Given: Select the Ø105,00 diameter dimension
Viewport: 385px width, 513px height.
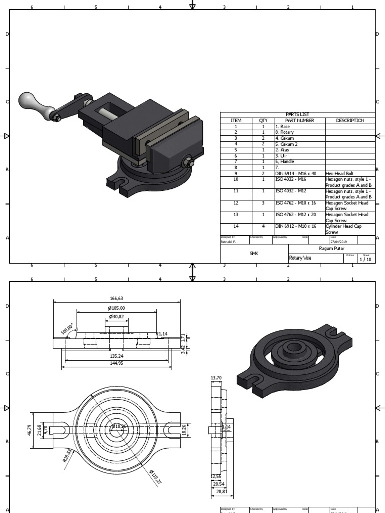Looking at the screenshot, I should [x=117, y=308].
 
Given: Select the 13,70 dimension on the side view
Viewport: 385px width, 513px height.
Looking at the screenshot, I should [x=216, y=377].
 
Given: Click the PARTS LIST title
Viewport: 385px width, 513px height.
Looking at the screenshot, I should [x=298, y=115].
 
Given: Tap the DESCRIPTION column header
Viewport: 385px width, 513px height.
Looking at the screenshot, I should [x=350, y=120].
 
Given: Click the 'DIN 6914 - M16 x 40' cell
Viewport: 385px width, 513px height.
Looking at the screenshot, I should [x=296, y=173].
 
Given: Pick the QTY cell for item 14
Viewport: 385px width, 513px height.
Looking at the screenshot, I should [x=263, y=226].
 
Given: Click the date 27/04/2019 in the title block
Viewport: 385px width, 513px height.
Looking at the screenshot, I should [x=338, y=241].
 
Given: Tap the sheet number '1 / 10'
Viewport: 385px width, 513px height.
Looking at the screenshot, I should [x=366, y=259].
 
